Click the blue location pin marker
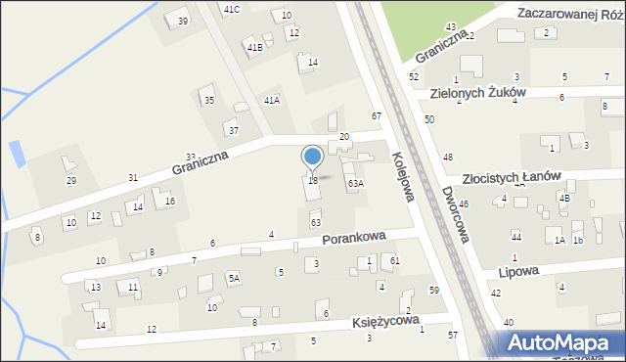(313, 158)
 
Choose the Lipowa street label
(518, 271)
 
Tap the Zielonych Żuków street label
(477, 93)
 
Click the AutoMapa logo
(561, 343)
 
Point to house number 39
(182, 21)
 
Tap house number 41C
(231, 9)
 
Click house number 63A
(356, 183)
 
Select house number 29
(70, 181)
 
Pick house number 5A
(234, 278)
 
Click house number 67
(376, 116)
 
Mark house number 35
(208, 100)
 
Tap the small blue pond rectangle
(16, 153)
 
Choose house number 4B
(564, 197)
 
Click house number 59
(433, 291)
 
